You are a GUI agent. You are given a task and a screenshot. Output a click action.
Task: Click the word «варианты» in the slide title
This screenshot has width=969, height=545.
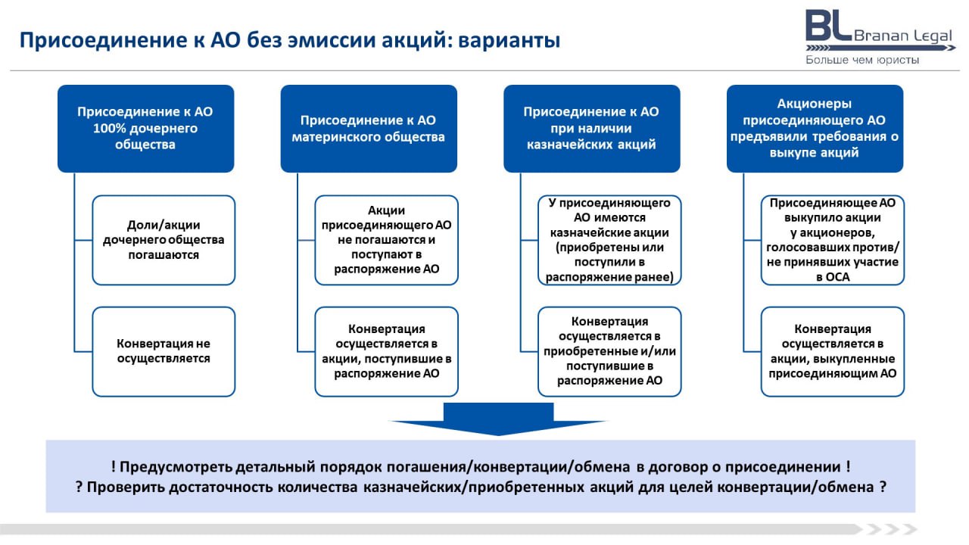pyautogui.click(x=509, y=41)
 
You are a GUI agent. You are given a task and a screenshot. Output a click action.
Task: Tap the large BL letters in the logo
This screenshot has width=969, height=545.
pyautogui.click(x=828, y=26)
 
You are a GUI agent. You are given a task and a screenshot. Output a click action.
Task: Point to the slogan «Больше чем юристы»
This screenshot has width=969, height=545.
pyautogui.click(x=862, y=60)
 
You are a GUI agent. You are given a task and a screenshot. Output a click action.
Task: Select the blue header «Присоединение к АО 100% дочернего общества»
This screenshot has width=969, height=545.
pyautogui.click(x=146, y=129)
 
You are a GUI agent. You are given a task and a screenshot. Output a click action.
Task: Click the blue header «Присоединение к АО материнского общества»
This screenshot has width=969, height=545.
pyautogui.click(x=369, y=129)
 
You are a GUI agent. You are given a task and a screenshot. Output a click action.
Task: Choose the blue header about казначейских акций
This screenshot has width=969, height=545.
pyautogui.click(x=592, y=129)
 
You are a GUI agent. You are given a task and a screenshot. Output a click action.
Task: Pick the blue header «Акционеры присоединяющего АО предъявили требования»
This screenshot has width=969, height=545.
pyautogui.click(x=815, y=129)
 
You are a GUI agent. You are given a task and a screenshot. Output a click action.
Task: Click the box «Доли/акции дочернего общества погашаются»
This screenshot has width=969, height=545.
pyautogui.click(x=164, y=240)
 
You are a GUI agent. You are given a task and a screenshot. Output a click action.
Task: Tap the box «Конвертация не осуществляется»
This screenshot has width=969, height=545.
pyautogui.click(x=164, y=352)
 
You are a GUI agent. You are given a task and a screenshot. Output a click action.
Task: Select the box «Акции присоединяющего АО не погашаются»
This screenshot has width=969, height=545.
pyautogui.click(x=386, y=240)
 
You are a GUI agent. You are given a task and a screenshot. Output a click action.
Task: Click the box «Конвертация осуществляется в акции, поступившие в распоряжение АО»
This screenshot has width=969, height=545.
pyautogui.click(x=386, y=352)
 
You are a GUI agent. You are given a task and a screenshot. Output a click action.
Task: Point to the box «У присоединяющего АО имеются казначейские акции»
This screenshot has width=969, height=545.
pyautogui.click(x=609, y=240)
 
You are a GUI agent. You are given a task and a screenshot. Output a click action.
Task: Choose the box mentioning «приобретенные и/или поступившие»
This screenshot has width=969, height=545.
pyautogui.click(x=609, y=352)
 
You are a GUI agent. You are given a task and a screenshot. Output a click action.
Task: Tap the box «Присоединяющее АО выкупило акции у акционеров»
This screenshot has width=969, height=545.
pyautogui.click(x=833, y=240)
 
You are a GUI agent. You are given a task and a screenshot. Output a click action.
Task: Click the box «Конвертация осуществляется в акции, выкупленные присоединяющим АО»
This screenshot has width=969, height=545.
pyautogui.click(x=833, y=352)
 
